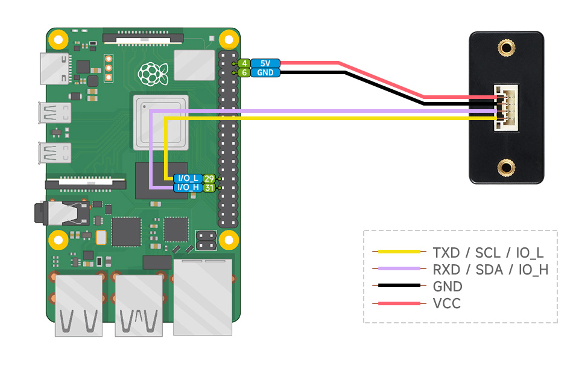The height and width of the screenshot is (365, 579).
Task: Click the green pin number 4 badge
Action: click(244, 63)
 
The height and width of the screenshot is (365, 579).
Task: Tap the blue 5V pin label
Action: click(265, 63)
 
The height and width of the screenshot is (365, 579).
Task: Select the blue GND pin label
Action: click(265, 73)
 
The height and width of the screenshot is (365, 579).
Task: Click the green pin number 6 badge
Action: click(244, 73)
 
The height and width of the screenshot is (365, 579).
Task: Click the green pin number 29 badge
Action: click(209, 179)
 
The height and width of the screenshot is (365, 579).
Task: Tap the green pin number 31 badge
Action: click(209, 188)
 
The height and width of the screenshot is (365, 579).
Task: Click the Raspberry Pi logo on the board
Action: click(152, 74)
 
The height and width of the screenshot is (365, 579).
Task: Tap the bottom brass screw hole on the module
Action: click(506, 167)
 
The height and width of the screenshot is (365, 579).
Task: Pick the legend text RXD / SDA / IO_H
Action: click(490, 269)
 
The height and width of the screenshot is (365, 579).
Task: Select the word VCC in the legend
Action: click(446, 303)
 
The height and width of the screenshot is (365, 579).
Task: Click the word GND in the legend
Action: click(448, 286)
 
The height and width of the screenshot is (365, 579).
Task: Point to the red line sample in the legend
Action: click(397, 303)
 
